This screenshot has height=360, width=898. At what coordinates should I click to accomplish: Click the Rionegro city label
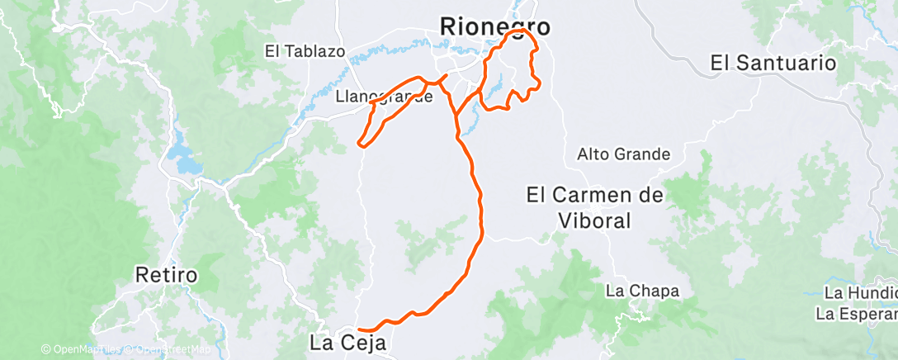click(495, 26)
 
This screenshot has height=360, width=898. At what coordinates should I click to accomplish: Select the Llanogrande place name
click(385, 97)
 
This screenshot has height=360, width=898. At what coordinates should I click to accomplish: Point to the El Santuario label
click(773, 63)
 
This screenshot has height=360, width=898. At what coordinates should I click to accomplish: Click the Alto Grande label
click(623, 154)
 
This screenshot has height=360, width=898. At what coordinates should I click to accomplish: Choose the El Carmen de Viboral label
click(589, 208)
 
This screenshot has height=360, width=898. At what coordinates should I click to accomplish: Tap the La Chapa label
click(642, 291)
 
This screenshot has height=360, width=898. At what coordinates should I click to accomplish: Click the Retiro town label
click(168, 274)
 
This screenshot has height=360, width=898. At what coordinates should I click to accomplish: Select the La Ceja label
click(347, 340)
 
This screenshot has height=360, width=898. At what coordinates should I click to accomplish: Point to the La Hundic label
click(860, 293)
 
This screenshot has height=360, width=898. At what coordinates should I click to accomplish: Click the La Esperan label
click(856, 314)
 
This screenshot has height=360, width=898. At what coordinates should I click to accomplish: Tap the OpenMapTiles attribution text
click(85, 350)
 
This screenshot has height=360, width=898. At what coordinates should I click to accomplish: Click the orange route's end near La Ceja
click(360, 330)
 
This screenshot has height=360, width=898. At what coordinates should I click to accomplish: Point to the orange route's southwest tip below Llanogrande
click(360, 144)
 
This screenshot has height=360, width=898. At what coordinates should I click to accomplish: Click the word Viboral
click(589, 220)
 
